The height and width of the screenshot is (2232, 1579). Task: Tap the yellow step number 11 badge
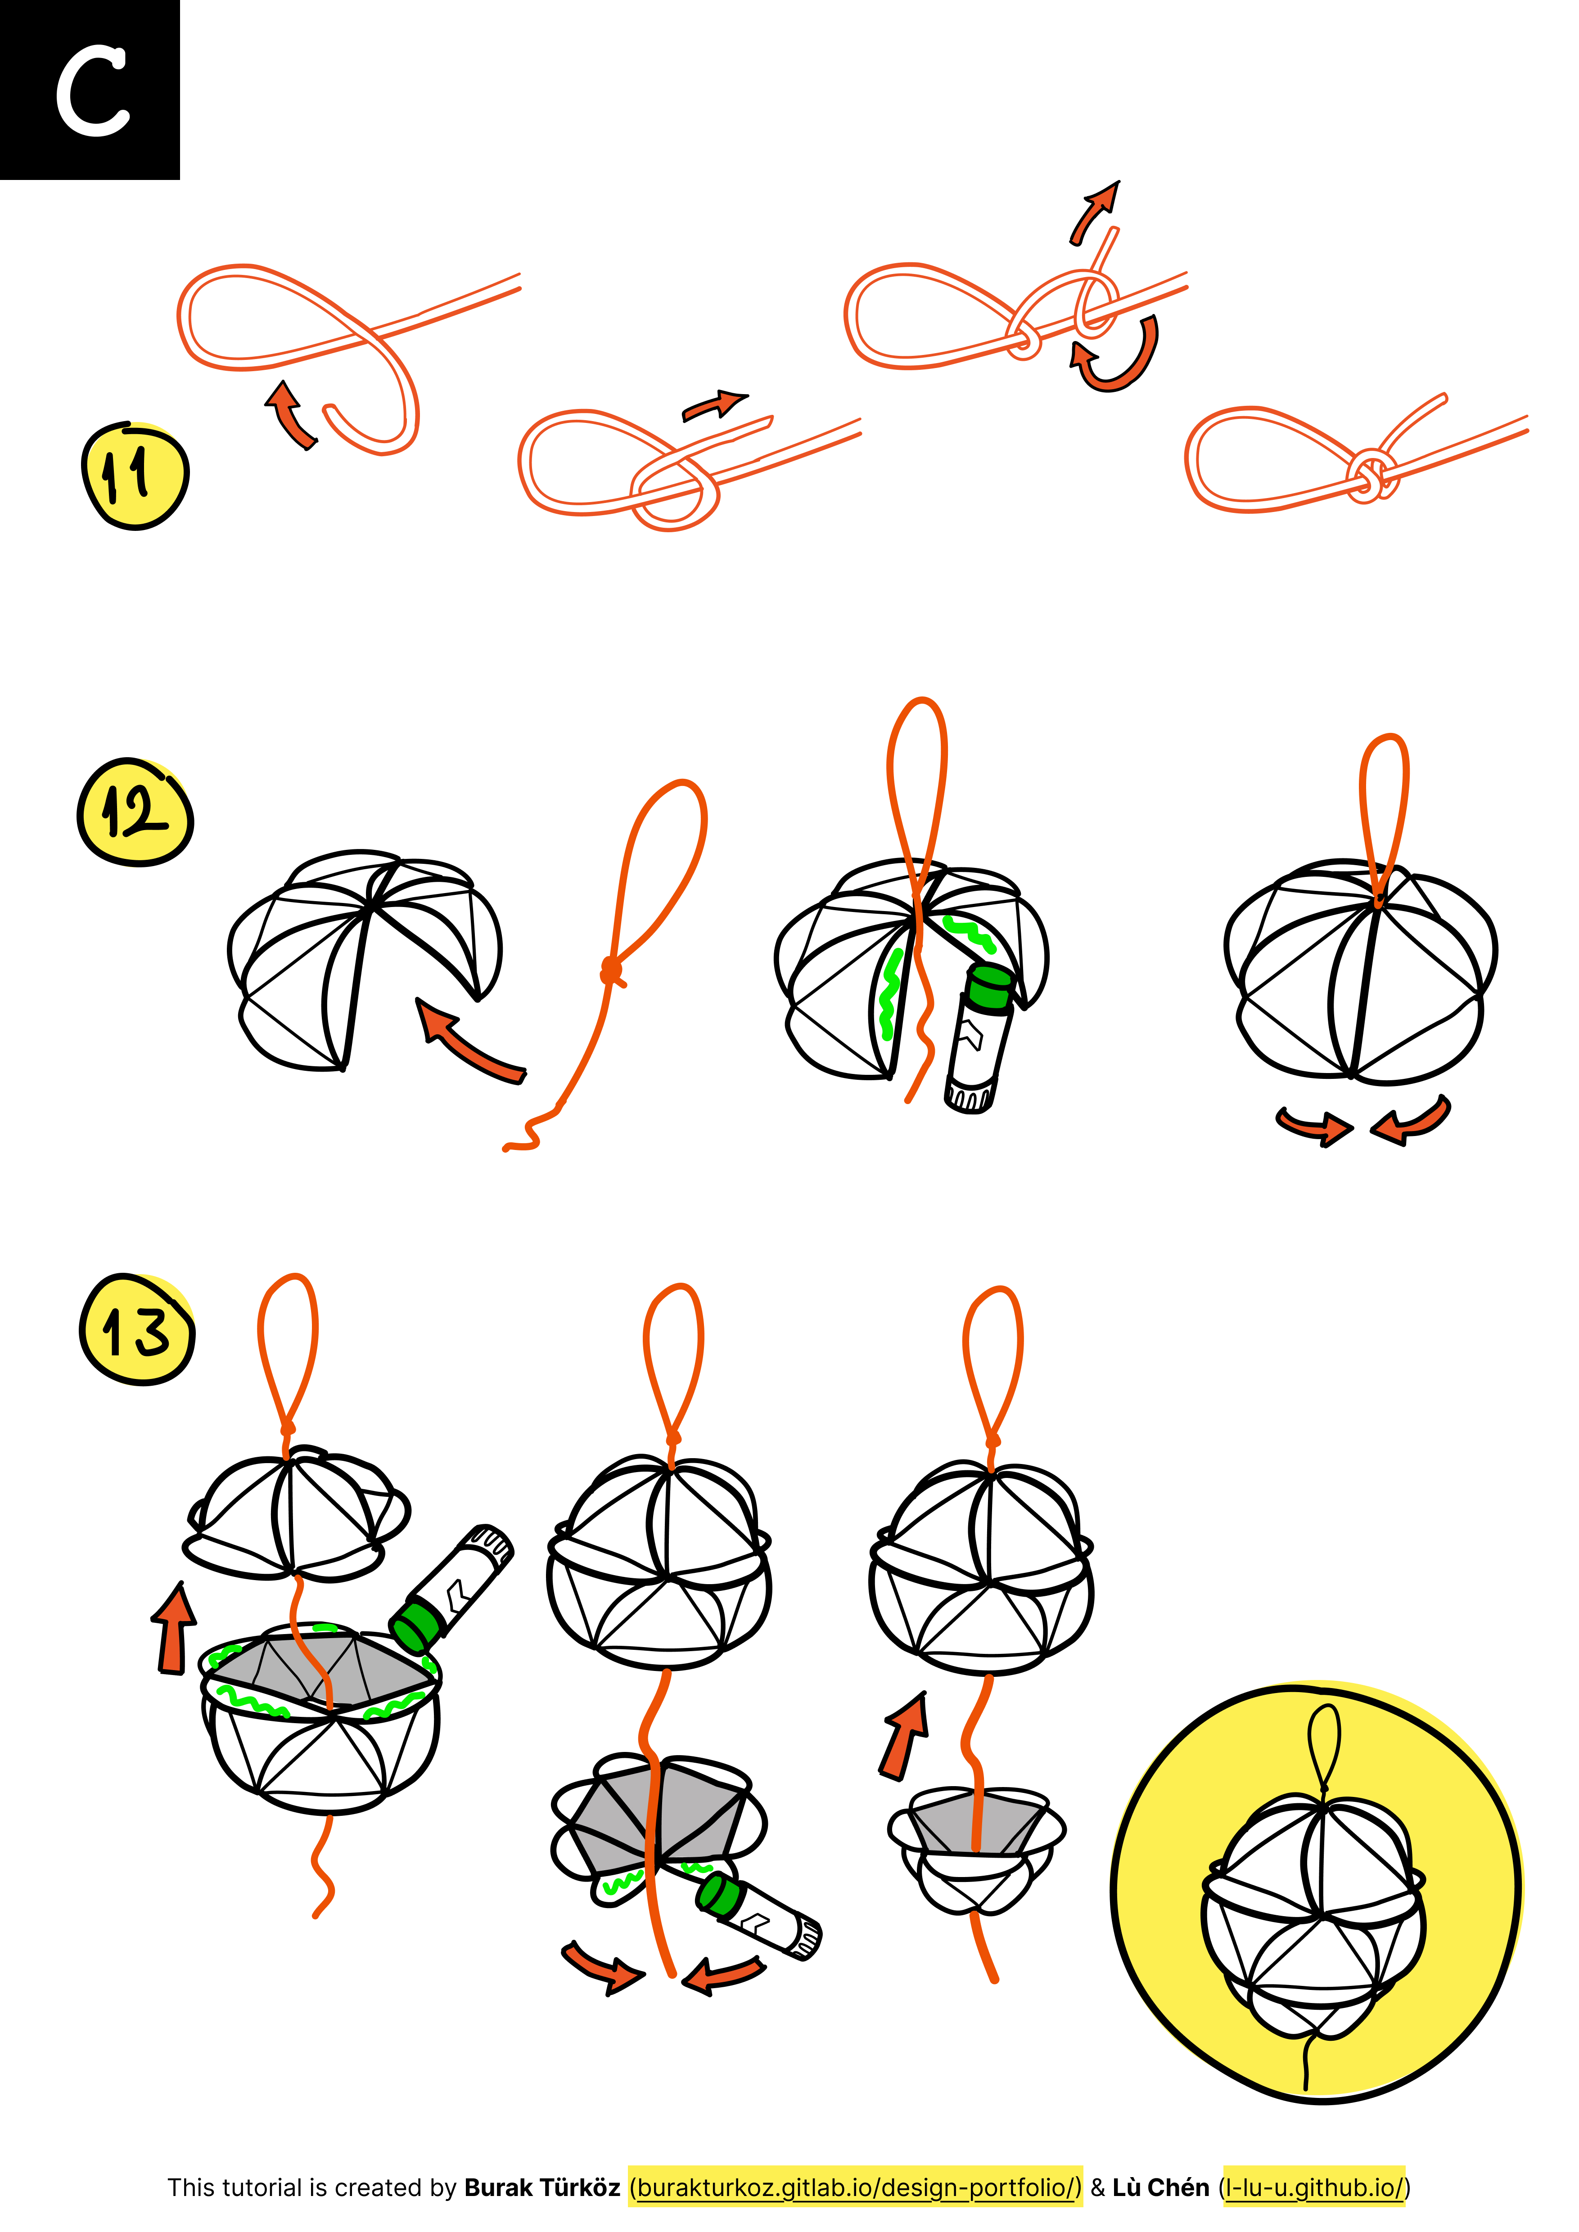(x=135, y=476)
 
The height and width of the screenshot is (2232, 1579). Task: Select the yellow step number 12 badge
(x=135, y=812)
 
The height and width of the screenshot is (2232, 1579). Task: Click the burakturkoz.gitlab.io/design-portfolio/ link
(x=855, y=2187)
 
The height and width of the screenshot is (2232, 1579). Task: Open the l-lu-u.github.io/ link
(x=1314, y=2187)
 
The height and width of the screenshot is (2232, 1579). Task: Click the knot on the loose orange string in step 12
(x=612, y=970)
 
